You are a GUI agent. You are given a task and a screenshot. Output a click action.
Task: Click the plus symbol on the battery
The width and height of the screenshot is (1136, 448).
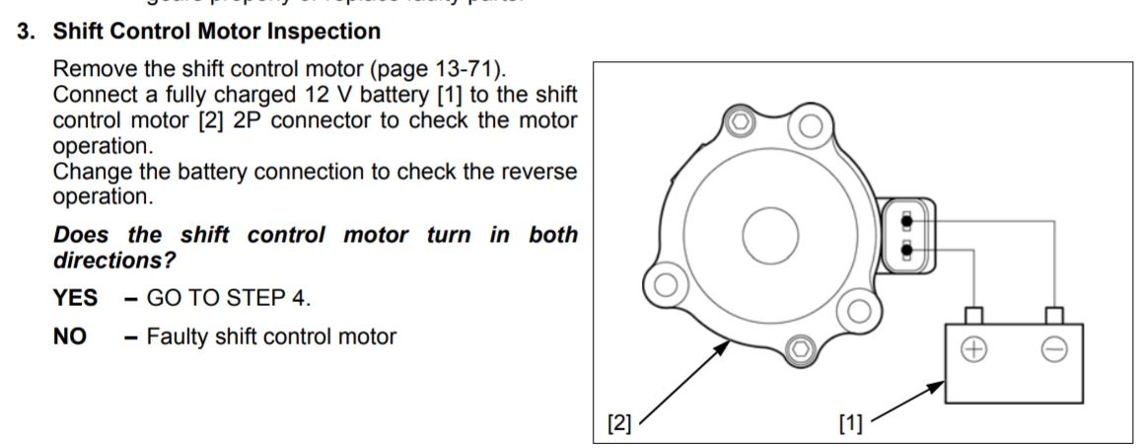click(973, 349)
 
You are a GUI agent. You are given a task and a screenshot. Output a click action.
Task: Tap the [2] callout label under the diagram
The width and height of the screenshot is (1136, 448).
click(618, 424)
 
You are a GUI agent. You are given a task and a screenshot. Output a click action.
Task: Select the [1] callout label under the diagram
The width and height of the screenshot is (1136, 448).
click(849, 424)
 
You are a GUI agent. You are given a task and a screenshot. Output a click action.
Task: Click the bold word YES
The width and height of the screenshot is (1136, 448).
click(75, 298)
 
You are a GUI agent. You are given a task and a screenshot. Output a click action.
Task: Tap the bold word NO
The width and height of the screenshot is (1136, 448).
click(69, 336)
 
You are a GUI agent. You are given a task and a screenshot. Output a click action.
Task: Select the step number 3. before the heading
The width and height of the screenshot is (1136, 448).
click(26, 32)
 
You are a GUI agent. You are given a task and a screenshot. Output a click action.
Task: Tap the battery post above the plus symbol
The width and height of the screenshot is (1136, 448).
click(974, 315)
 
